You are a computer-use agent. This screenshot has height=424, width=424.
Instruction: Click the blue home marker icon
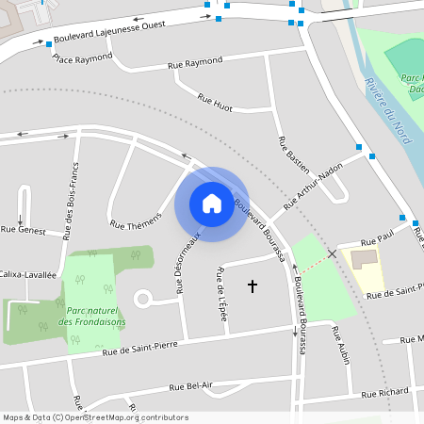pyautogui.click(x=212, y=203)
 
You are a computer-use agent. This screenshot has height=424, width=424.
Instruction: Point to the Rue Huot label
pyautogui.click(x=215, y=103)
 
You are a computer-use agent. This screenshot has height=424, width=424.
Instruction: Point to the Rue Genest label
pyautogui.click(x=23, y=229)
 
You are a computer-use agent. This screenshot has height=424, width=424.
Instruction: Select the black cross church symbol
pyautogui.click(x=252, y=284)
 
